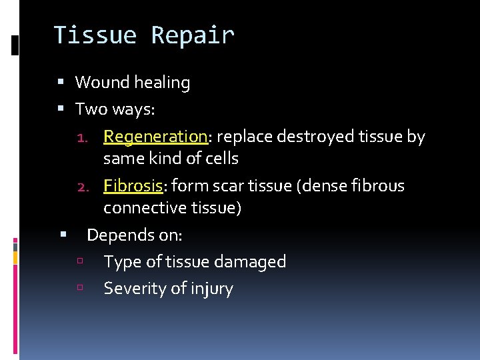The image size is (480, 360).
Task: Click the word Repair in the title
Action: (x=193, y=35)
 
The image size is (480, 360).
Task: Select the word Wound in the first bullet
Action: (x=102, y=83)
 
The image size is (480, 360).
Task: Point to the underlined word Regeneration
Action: (x=155, y=137)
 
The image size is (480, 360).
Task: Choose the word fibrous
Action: (x=379, y=185)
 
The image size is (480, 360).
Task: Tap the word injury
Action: (x=212, y=289)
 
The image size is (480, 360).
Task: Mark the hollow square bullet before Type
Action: (x=80, y=261)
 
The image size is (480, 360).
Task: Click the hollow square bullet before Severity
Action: (x=80, y=288)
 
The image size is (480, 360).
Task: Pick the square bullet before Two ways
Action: (x=61, y=109)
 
